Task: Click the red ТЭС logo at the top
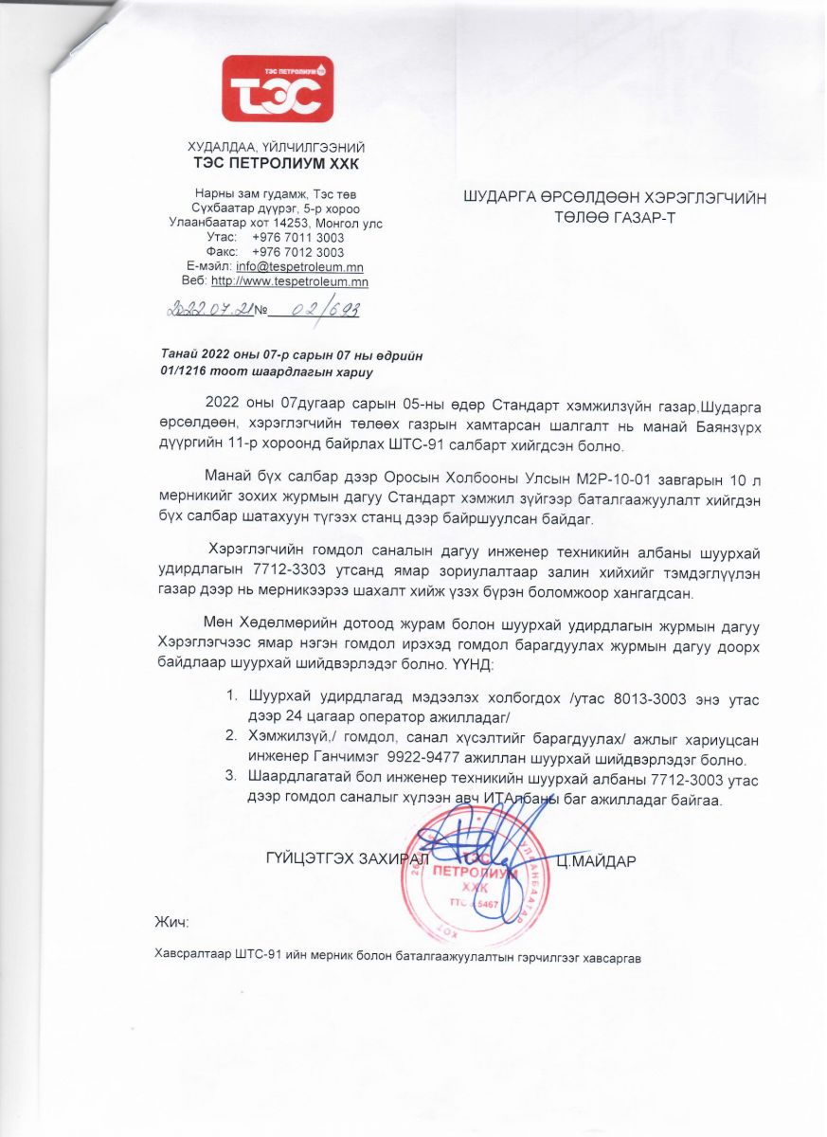point(277,89)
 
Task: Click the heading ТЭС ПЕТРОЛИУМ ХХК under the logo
point(277,163)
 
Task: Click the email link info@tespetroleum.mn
point(300,267)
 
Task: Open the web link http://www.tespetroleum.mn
point(289,281)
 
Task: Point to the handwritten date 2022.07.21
point(210,309)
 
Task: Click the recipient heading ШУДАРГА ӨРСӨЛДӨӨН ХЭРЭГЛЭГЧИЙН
point(614,198)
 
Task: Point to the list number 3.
point(229,777)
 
